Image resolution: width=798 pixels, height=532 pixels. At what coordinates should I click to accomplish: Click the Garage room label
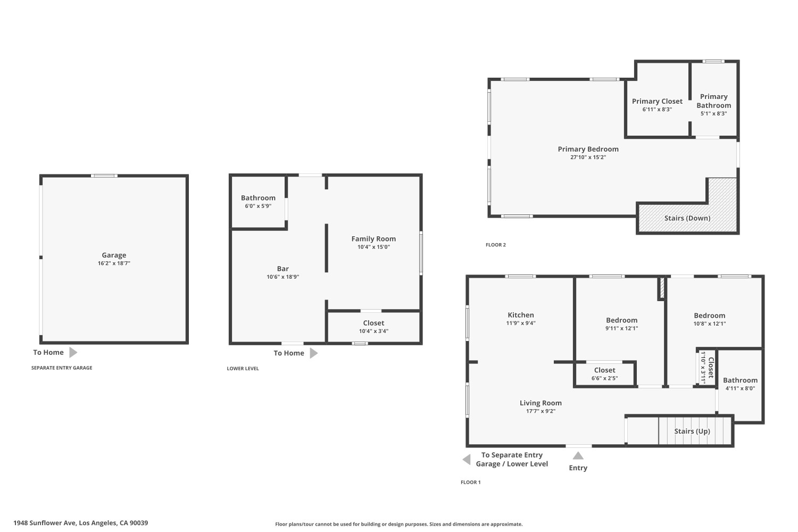pyautogui.click(x=114, y=255)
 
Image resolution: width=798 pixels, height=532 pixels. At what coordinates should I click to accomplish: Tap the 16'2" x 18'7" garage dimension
pyautogui.click(x=114, y=263)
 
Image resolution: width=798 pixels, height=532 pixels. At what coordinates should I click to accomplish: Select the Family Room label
pyautogui.click(x=373, y=239)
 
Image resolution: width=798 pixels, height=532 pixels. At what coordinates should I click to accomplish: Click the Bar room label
pyautogui.click(x=282, y=269)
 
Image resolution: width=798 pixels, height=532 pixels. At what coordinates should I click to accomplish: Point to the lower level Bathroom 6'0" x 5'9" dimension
pyautogui.click(x=258, y=206)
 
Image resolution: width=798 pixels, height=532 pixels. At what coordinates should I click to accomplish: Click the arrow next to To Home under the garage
pyautogui.click(x=73, y=352)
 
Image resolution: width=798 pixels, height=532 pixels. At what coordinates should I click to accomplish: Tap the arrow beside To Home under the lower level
pyautogui.click(x=313, y=353)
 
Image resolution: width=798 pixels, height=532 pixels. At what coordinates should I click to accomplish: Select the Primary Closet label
pyautogui.click(x=657, y=101)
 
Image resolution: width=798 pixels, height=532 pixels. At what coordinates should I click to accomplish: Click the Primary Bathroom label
pyautogui.click(x=713, y=101)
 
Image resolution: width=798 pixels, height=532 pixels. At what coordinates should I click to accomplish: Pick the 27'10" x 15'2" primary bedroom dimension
pyautogui.click(x=588, y=157)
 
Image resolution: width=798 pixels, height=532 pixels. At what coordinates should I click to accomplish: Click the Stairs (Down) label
pyautogui.click(x=687, y=218)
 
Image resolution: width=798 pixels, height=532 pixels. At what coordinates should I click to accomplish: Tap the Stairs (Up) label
pyautogui.click(x=692, y=431)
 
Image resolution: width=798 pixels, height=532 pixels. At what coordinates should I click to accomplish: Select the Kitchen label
pyautogui.click(x=520, y=315)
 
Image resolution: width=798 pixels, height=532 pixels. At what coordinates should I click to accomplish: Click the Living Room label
pyautogui.click(x=541, y=403)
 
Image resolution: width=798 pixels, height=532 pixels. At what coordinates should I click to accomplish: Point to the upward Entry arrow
pyautogui.click(x=578, y=456)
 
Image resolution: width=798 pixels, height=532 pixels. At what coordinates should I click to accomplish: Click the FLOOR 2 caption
pyautogui.click(x=495, y=245)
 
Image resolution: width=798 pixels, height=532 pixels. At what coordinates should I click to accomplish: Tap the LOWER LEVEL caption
pyautogui.click(x=243, y=368)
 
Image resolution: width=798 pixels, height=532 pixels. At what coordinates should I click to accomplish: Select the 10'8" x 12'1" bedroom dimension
pyautogui.click(x=709, y=323)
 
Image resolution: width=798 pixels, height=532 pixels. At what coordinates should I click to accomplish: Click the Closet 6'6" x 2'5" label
pyautogui.click(x=604, y=370)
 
